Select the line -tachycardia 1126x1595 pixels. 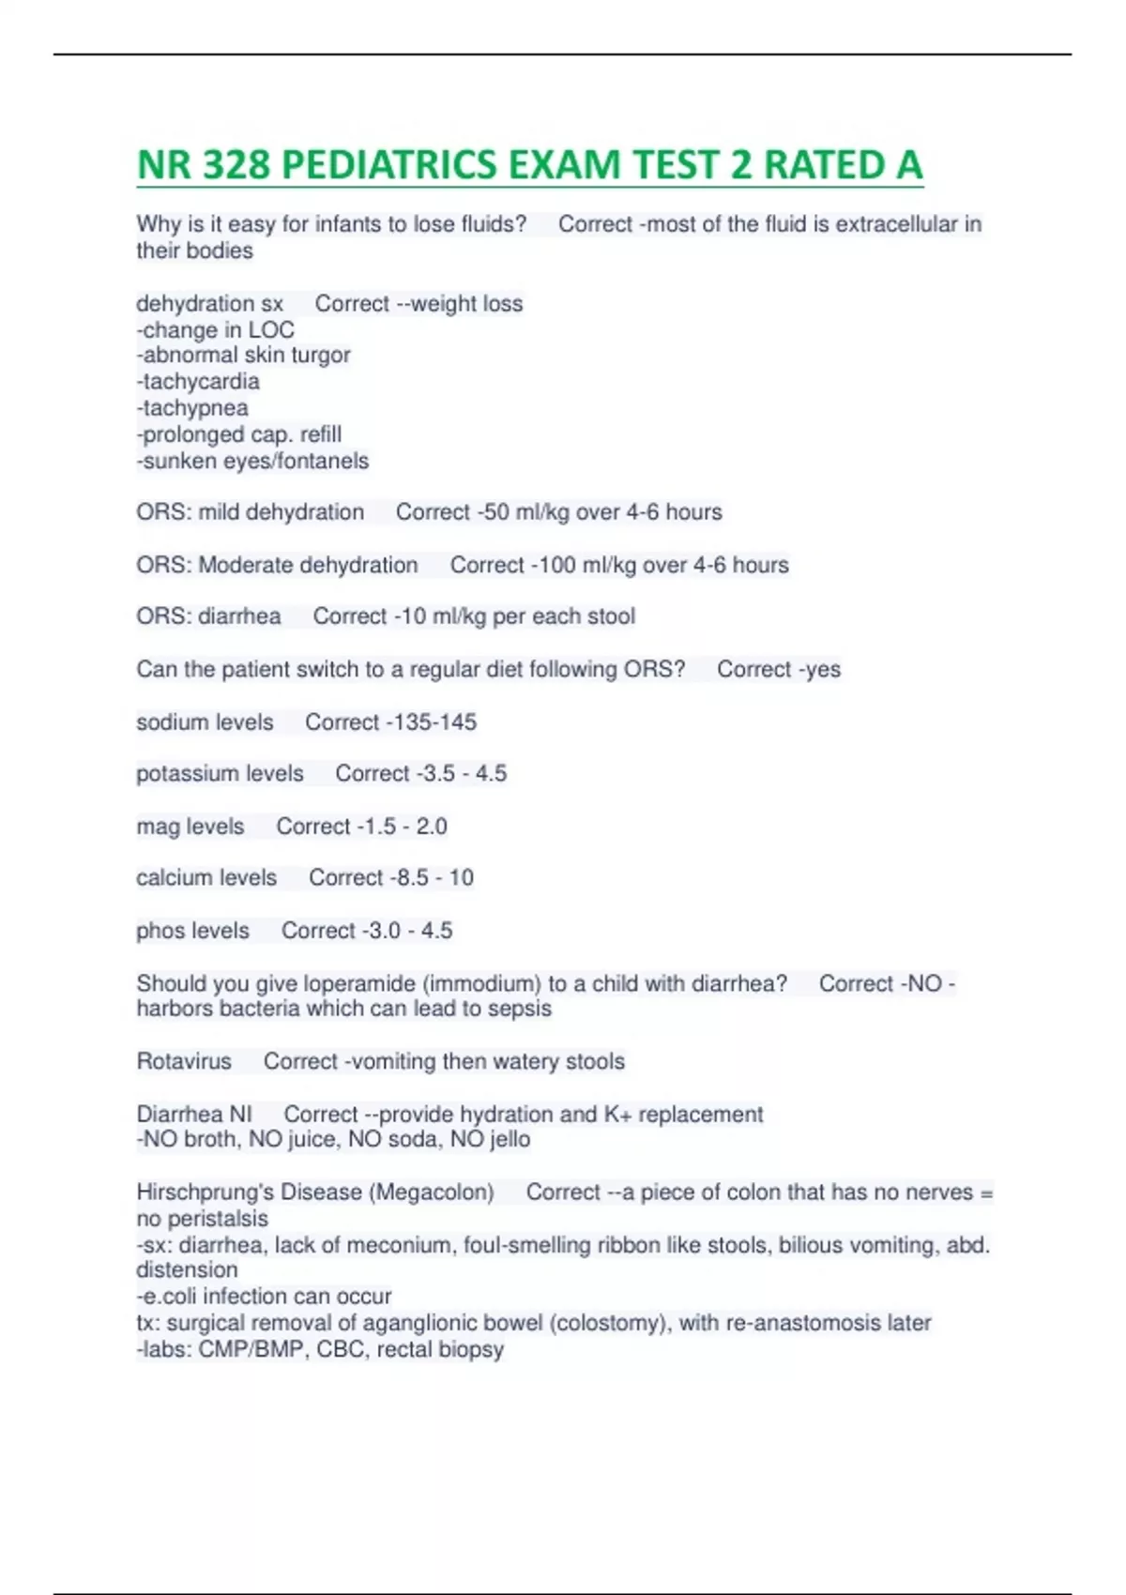(x=198, y=382)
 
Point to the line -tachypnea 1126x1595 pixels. (x=192, y=408)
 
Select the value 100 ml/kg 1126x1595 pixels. (x=589, y=565)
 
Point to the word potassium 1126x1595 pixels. (x=179, y=773)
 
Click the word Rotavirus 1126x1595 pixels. (x=184, y=1061)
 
